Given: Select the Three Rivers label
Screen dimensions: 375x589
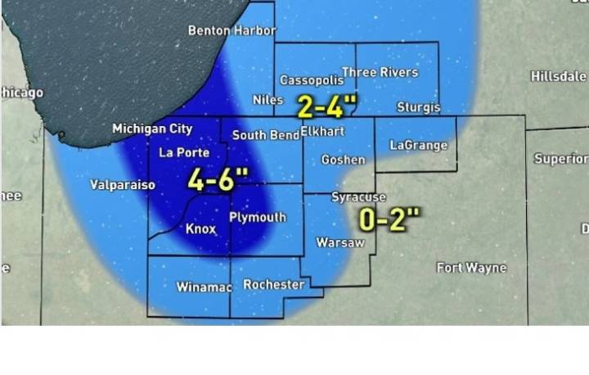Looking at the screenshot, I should coord(380,73).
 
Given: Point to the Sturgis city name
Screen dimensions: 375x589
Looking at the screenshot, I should coord(418,107).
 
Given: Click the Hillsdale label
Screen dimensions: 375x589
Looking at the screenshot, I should coord(559,76).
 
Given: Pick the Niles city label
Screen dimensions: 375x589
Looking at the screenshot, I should coord(268,100).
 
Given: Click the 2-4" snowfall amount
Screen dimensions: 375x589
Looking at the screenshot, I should coord(328,106).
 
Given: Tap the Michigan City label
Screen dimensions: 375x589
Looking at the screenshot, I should coord(152,129).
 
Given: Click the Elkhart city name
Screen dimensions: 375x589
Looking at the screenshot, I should coord(322,131).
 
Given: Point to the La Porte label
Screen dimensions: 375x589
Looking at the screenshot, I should coord(184,152).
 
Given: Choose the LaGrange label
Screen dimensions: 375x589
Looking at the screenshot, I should coord(418,146).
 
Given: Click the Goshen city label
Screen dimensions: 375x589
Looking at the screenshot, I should coord(343,160).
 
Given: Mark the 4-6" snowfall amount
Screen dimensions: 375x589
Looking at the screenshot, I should coord(217,180).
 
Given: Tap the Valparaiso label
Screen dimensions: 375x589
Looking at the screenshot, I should coord(123,185).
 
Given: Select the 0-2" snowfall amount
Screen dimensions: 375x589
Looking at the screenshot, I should coord(390,219).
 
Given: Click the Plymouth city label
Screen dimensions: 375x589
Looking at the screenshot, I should coord(257,218).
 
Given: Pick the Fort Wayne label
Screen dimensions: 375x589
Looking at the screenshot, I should coord(471,268).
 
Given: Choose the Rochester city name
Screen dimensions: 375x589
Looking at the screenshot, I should coord(274,285).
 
